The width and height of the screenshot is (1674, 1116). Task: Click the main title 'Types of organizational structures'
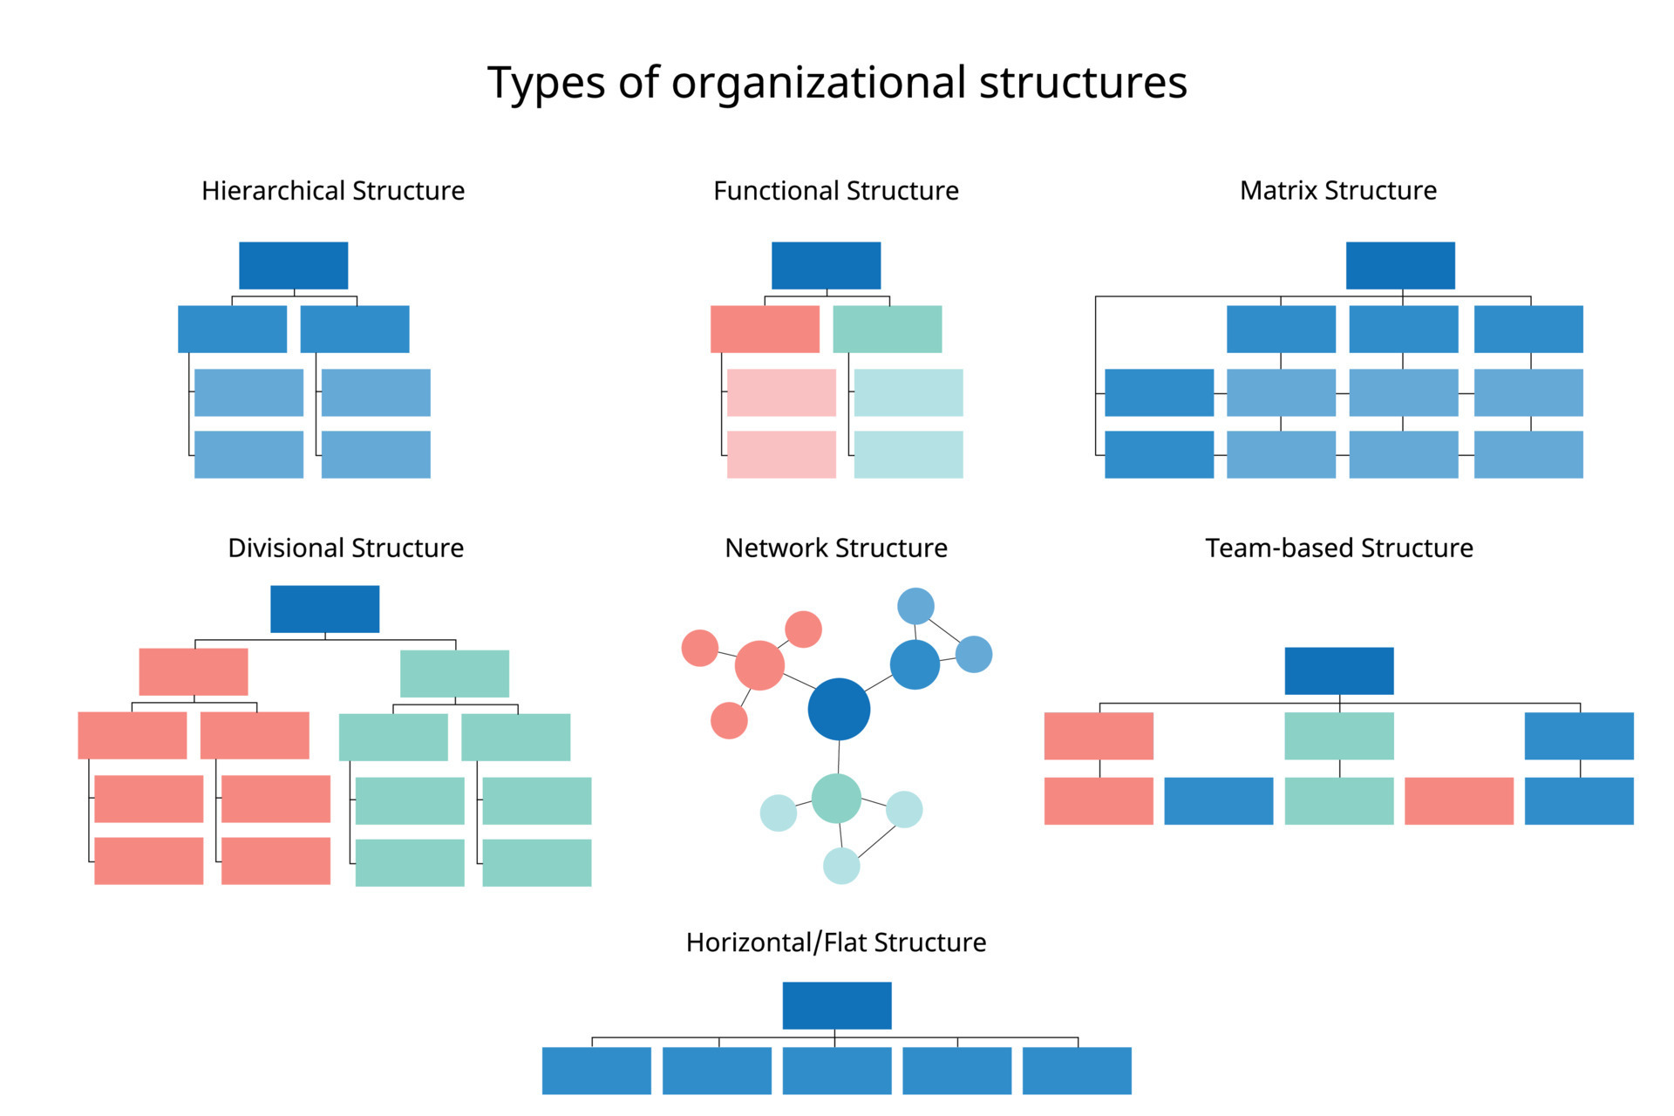837,84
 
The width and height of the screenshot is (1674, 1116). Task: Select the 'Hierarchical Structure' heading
333,191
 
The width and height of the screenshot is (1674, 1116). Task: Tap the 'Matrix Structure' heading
1338,191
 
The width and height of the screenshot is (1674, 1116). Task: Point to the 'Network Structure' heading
836,548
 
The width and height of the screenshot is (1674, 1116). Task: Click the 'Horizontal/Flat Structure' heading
836,942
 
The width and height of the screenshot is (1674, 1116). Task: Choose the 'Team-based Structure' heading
1339,548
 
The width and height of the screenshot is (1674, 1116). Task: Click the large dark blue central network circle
839,709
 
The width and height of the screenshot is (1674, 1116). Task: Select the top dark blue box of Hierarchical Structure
294,265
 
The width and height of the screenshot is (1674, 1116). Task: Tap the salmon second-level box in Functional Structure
765,329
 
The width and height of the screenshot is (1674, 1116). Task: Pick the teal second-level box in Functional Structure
888,329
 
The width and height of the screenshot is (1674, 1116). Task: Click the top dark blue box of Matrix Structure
1400,265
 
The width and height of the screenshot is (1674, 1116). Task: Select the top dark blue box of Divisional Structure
324,609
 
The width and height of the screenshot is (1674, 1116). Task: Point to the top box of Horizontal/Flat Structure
837,1005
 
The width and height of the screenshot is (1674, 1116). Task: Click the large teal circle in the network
836,798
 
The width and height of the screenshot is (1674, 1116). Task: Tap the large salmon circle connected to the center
759,665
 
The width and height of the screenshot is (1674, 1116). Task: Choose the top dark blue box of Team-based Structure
1339,670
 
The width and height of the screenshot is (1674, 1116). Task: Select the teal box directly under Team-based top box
1339,736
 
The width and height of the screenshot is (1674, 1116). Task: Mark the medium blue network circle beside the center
915,664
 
